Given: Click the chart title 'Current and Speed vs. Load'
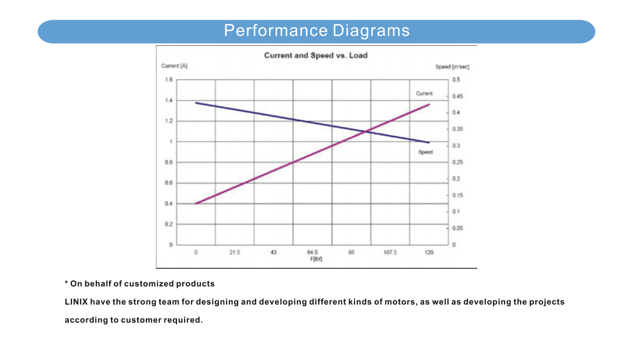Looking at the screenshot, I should [316, 55].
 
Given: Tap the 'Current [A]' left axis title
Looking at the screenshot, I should [170, 66].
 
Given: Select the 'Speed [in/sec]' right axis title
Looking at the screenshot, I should [452, 67].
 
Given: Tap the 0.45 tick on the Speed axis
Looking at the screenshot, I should [457, 96].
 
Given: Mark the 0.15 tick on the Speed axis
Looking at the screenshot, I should [457, 195].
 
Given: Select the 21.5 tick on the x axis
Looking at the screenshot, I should [234, 252].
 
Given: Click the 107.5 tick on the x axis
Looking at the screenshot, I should [390, 252].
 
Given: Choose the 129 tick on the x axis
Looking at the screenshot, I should [429, 252].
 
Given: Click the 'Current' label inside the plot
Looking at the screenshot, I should [424, 94].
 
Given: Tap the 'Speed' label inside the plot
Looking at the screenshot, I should [425, 152].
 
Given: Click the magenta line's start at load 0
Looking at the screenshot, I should [196, 204].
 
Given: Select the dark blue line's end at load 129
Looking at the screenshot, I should [429, 142].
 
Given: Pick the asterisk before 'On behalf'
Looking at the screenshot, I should [66, 283].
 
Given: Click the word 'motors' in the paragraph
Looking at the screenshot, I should [400, 302].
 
